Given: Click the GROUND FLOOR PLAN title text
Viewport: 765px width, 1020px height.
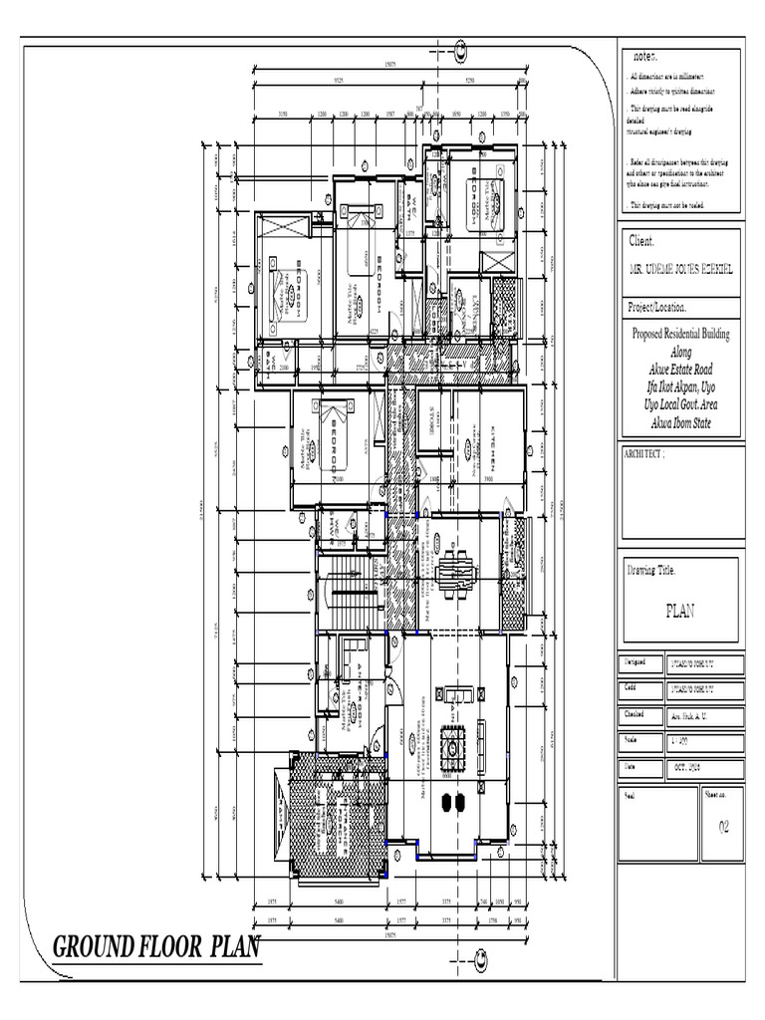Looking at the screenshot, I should pyautogui.click(x=155, y=946).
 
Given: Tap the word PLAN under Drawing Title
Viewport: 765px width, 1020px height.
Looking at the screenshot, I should pyautogui.click(x=679, y=612).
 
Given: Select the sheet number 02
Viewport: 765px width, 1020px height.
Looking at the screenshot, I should pyautogui.click(x=724, y=826).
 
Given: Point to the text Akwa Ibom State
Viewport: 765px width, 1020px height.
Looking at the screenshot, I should pyautogui.click(x=681, y=422).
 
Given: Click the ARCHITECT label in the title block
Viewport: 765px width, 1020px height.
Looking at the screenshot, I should pyautogui.click(x=644, y=453).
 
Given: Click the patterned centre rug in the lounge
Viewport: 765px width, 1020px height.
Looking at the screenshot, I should pyautogui.click(x=454, y=743).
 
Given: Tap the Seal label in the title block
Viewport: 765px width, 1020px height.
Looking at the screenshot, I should pyautogui.click(x=630, y=796).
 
